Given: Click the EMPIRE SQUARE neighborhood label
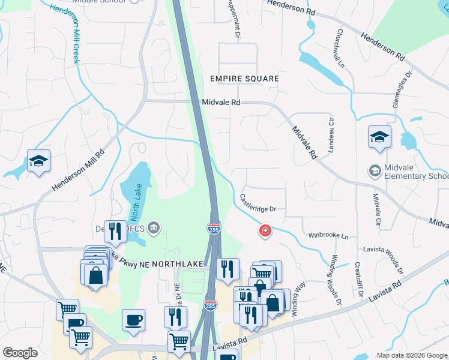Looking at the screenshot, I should coord(244,79).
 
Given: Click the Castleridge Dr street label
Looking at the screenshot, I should coord(258,202).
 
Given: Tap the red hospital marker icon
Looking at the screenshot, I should coord(264,230).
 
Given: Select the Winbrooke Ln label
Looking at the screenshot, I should coord(328,236).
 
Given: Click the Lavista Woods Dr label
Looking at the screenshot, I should coord(385,249).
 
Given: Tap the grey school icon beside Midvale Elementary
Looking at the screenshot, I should coord(375,172).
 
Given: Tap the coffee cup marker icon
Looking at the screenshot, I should coord(133,319).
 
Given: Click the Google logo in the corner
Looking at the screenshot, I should coord(20,352).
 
